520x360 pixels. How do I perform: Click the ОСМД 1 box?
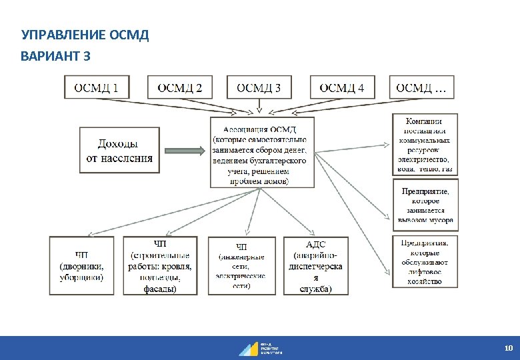point(97,87)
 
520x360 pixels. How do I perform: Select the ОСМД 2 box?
point(180,87)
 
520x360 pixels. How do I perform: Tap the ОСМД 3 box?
point(259,87)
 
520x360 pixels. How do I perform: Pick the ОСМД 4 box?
point(342,87)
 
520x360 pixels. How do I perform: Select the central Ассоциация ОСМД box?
point(260,152)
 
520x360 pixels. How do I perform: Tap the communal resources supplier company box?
point(425,145)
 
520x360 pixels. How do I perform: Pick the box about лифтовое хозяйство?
point(425,261)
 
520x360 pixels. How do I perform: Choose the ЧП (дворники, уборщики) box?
point(81,265)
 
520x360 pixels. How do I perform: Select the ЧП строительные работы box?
point(160,265)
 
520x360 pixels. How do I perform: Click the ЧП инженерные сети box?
point(241,265)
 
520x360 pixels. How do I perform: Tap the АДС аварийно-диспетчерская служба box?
point(316,265)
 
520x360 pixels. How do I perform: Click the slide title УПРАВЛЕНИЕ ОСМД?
point(85,35)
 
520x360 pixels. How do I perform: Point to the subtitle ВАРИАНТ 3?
point(55,55)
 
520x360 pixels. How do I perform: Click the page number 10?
point(508,348)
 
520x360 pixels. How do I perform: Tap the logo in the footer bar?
point(260,348)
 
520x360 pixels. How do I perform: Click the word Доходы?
point(118,143)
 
